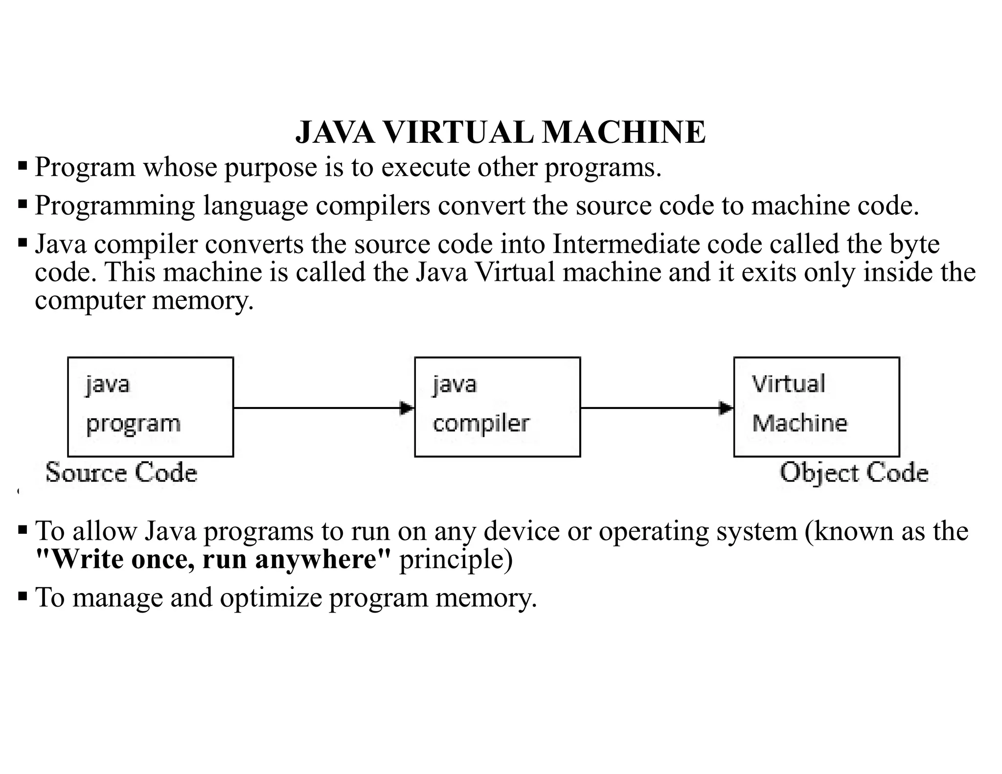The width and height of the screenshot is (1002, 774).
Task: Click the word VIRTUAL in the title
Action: [x=457, y=133]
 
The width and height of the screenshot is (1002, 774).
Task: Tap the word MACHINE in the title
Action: [x=624, y=133]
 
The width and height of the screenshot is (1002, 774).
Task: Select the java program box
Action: [x=150, y=407]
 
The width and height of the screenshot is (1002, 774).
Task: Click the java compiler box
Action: [x=497, y=407]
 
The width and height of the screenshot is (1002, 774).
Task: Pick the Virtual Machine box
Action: [x=816, y=407]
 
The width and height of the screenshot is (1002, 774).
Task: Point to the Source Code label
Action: [x=121, y=473]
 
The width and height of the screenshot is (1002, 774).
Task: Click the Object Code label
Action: [x=854, y=473]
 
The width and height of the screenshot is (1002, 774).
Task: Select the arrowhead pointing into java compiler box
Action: [x=407, y=408]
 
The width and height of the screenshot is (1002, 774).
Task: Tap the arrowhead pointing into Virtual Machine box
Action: [x=726, y=408]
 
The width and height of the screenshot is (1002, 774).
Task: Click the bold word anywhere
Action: [x=323, y=559]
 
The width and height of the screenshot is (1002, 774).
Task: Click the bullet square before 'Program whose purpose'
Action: [x=23, y=166]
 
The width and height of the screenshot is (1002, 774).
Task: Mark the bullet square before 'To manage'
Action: [x=23, y=596]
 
